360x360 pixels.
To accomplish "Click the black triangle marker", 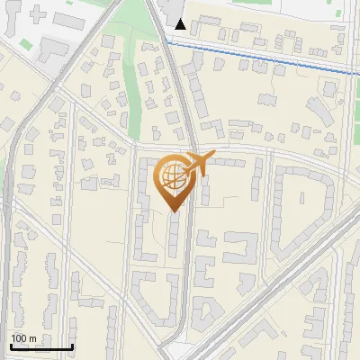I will click(x=181, y=24).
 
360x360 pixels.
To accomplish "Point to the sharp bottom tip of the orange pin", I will click(x=174, y=213).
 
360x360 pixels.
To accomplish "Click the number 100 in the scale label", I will click(x=19, y=338).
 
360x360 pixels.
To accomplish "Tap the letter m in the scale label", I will click(x=32, y=338).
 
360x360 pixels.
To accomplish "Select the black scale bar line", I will click(x=41, y=346).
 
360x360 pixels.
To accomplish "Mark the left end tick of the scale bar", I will click(x=11, y=345).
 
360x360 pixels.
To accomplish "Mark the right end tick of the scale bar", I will click(x=72, y=345).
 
